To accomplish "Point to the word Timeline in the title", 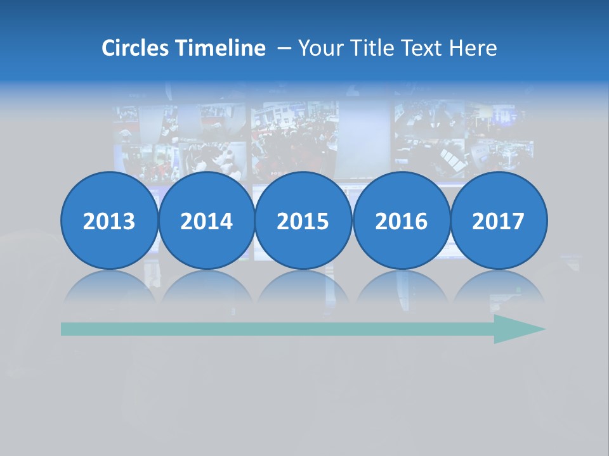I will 221,48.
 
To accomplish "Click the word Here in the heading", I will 473,48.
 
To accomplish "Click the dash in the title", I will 284,48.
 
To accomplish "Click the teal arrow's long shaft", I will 273,329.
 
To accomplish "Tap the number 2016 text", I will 401,222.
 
